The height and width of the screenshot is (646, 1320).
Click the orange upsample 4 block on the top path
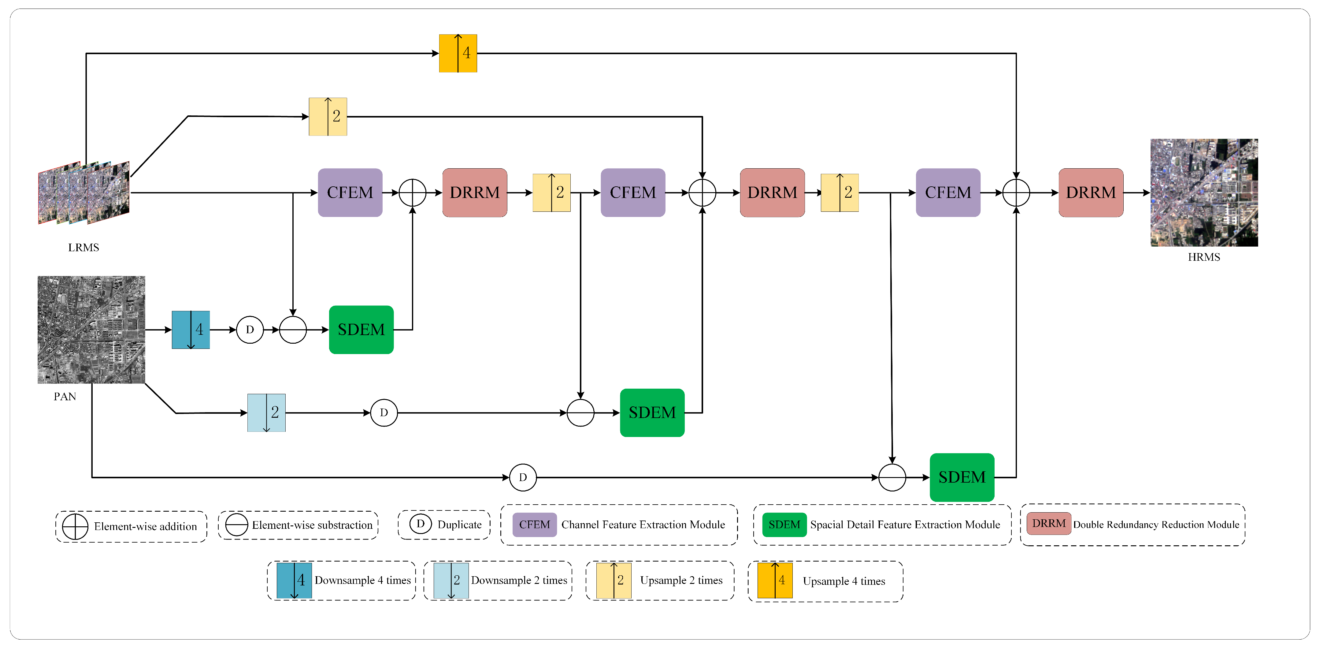[x=458, y=53]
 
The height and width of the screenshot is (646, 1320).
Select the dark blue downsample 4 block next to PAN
[x=191, y=330]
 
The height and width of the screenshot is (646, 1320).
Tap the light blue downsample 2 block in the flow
[x=266, y=413]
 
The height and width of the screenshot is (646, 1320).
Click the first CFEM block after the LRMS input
[x=350, y=193]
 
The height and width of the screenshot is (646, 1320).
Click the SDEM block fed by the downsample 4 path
[x=361, y=330]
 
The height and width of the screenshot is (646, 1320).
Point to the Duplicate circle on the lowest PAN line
[x=523, y=477]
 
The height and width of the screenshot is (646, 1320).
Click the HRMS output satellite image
[x=1204, y=193]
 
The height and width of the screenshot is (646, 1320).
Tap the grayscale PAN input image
[x=91, y=330]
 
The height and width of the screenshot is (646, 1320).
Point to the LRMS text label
[x=83, y=248]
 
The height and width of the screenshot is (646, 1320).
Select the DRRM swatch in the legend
[x=1048, y=524]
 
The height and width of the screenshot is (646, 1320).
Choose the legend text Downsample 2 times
[x=519, y=581]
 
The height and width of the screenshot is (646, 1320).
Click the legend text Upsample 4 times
[x=844, y=581]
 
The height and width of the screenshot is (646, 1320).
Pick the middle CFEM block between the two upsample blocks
[x=633, y=193]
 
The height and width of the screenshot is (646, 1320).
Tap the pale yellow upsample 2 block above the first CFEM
[x=328, y=117]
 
